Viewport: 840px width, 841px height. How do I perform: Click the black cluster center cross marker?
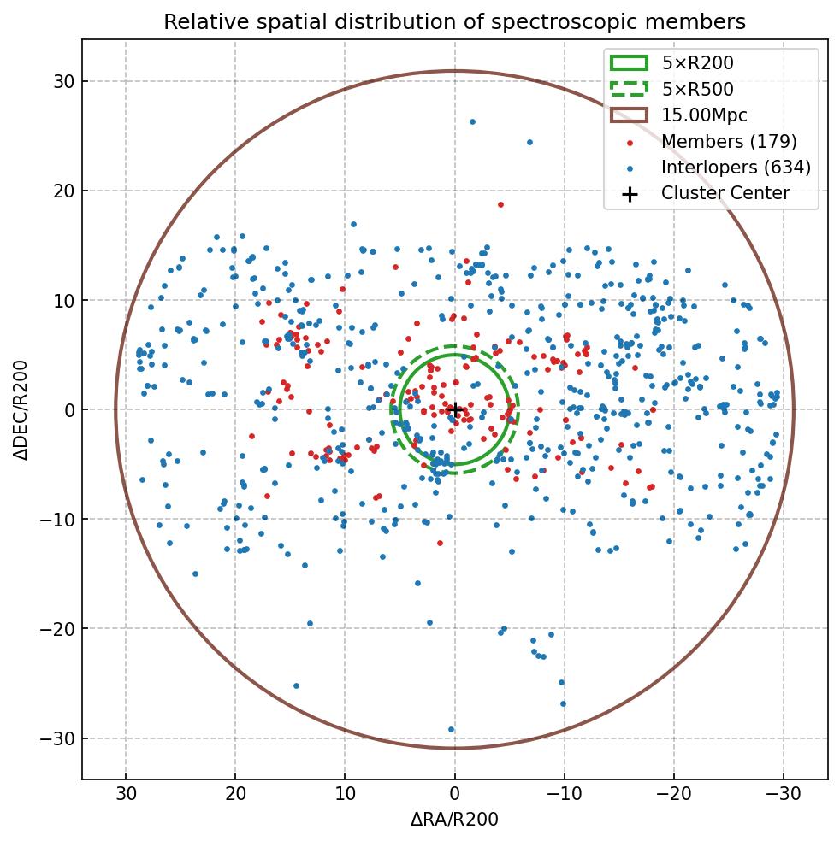(x=455, y=410)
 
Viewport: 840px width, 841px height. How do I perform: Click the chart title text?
(x=454, y=21)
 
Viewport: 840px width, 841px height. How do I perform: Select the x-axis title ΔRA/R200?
(x=454, y=820)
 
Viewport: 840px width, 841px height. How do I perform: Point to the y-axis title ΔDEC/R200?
(x=21, y=410)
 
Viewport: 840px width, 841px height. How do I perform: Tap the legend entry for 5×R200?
(x=697, y=62)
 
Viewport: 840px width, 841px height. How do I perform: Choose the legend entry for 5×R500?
(x=697, y=89)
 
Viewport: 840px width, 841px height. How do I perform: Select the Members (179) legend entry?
(x=728, y=141)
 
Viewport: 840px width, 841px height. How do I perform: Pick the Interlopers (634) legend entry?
(x=736, y=168)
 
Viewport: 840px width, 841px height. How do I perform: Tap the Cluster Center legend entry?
(x=725, y=194)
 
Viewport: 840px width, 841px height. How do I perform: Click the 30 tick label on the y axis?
(x=63, y=82)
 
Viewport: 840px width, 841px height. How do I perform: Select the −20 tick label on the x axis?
(x=673, y=794)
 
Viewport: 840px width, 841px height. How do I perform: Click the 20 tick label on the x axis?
(x=235, y=794)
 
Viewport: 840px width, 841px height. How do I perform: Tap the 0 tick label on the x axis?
(x=455, y=794)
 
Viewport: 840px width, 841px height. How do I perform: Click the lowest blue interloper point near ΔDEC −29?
(x=452, y=730)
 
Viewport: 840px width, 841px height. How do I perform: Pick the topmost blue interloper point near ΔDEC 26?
(x=472, y=121)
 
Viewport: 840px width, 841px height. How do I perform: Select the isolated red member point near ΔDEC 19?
(x=500, y=204)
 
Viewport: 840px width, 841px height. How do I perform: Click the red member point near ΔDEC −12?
(x=440, y=543)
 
